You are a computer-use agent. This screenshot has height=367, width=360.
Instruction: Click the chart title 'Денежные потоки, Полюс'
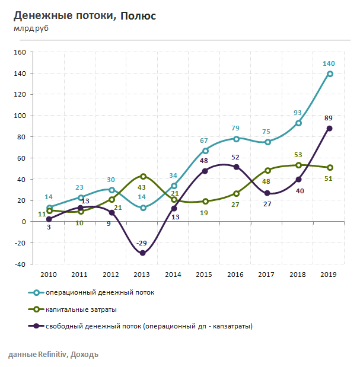(x=84, y=15)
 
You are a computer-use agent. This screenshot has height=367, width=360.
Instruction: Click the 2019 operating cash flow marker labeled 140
(x=330, y=74)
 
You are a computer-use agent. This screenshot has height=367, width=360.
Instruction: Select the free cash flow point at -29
(x=143, y=253)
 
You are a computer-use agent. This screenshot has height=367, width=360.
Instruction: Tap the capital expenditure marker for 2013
(x=143, y=176)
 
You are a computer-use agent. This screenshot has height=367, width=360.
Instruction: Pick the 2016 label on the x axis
(x=236, y=275)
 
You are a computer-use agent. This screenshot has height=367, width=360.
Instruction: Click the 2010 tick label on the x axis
(x=49, y=275)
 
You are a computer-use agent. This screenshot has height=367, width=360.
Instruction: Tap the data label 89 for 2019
(x=328, y=118)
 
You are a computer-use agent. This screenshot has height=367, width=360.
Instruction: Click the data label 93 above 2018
(x=298, y=113)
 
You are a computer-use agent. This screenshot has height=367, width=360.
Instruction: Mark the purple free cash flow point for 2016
(x=236, y=167)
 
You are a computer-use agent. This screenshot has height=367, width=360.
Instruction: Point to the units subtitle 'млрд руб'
(x=30, y=27)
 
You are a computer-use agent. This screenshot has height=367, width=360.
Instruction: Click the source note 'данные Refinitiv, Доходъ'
(x=53, y=355)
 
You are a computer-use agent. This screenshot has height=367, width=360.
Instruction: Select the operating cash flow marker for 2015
(x=205, y=151)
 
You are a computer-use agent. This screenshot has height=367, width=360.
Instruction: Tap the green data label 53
(x=298, y=155)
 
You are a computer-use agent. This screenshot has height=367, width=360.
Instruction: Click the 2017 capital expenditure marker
(x=267, y=171)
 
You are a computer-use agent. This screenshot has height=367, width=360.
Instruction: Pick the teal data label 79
(x=236, y=128)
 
